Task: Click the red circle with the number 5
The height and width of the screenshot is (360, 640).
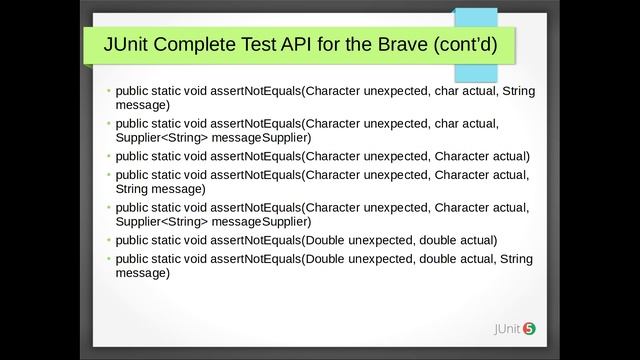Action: click(x=529, y=328)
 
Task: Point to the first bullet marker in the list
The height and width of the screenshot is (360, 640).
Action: click(x=110, y=92)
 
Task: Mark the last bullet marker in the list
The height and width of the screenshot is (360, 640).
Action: click(x=110, y=259)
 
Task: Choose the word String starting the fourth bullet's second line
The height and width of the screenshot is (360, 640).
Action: click(x=133, y=188)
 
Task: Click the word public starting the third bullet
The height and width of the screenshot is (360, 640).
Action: click(x=133, y=156)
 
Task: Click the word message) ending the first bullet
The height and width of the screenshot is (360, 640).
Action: click(x=143, y=105)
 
